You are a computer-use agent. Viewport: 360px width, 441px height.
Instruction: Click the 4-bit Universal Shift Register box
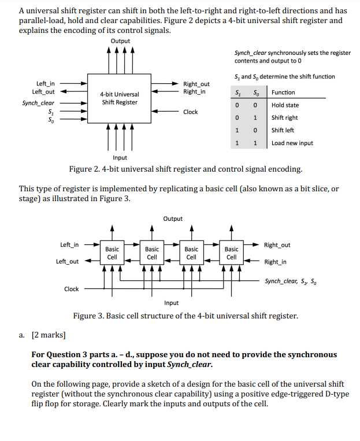click(x=120, y=98)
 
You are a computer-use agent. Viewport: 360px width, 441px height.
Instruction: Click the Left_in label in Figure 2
click(x=46, y=83)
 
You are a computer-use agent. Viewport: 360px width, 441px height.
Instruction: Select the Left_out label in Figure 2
click(x=44, y=91)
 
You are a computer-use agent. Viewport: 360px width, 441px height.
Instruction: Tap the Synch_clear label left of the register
click(x=38, y=103)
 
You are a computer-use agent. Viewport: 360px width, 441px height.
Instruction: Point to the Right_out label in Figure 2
click(x=196, y=84)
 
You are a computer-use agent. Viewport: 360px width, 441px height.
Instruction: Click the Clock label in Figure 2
click(x=191, y=112)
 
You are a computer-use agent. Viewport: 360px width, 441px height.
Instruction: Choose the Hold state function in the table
click(x=285, y=105)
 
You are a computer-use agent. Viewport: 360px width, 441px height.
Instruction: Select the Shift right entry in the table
click(x=285, y=118)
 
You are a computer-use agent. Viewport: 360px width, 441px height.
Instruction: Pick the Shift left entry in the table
click(x=283, y=130)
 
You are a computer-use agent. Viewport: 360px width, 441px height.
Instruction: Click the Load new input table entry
click(x=292, y=143)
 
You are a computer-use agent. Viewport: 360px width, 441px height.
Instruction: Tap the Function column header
click(x=283, y=92)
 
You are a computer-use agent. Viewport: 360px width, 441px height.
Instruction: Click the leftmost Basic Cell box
click(x=112, y=253)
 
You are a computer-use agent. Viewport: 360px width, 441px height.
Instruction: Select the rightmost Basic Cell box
click(x=231, y=253)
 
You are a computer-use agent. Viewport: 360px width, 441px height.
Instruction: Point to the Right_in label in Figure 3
click(x=275, y=262)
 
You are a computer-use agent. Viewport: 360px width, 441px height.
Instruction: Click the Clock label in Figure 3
click(x=71, y=289)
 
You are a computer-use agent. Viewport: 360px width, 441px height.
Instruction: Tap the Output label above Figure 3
click(x=173, y=218)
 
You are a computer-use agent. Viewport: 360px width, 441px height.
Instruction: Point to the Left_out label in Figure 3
click(x=68, y=262)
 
